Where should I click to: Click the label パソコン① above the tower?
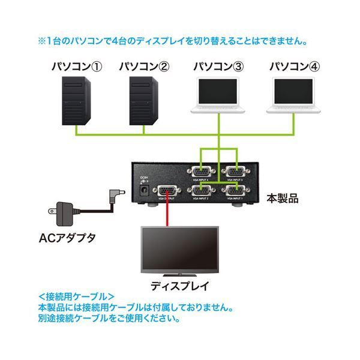click(x=76, y=65)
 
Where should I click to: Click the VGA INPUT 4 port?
click(x=202, y=171)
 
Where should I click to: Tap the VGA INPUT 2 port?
click(x=202, y=192)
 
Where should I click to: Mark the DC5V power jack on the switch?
click(x=144, y=191)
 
